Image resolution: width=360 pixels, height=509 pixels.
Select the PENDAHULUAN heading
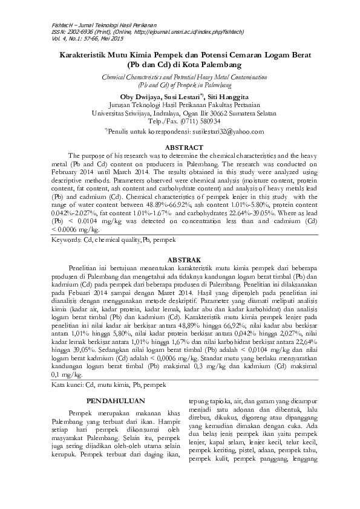click(115, 400)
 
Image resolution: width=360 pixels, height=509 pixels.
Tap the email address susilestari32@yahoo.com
click(227, 130)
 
